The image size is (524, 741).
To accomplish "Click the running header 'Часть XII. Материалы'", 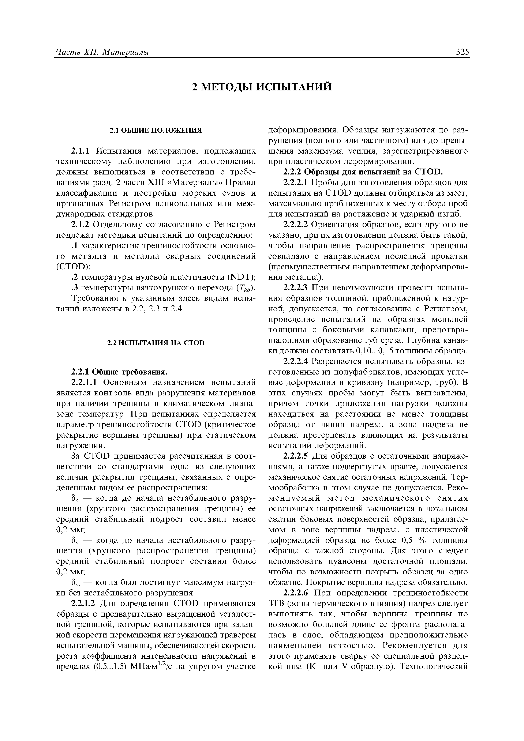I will coord(102,52).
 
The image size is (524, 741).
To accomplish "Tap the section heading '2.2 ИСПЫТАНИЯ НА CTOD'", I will coord(156,343).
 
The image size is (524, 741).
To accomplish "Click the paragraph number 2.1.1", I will coord(82,151).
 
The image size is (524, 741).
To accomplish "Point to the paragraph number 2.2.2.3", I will coord(296,287).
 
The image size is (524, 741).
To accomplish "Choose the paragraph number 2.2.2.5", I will coord(296,456).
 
